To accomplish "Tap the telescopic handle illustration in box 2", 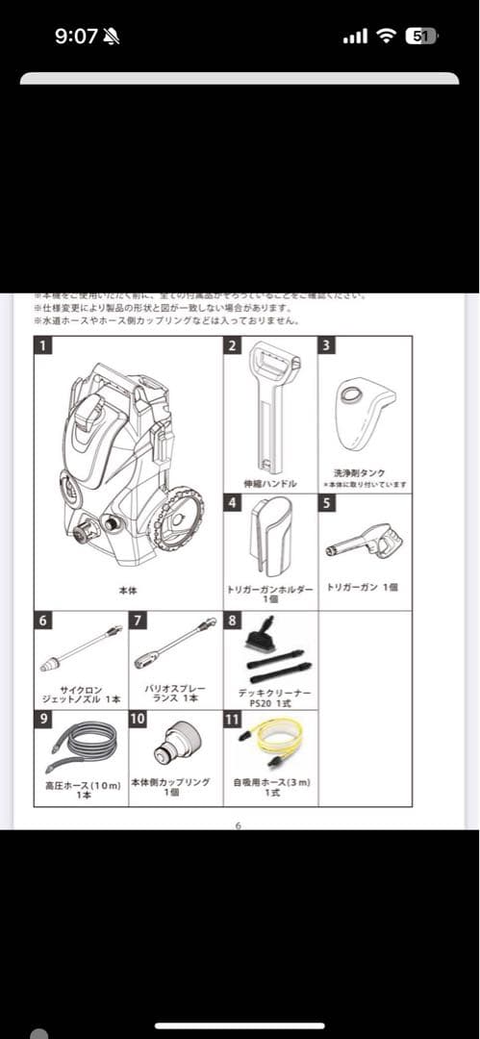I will pyautogui.click(x=270, y=404).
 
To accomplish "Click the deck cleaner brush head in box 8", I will pyautogui.click(x=262, y=637).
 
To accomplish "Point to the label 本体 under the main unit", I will pyautogui.click(x=127, y=591).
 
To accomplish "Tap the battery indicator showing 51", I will pyautogui.click(x=419, y=37).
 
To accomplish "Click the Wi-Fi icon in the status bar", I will pyautogui.click(x=387, y=37).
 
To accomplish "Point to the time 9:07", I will pyautogui.click(x=76, y=37).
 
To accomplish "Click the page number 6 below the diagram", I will pyautogui.click(x=240, y=825).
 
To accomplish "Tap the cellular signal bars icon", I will pyautogui.click(x=355, y=37).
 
